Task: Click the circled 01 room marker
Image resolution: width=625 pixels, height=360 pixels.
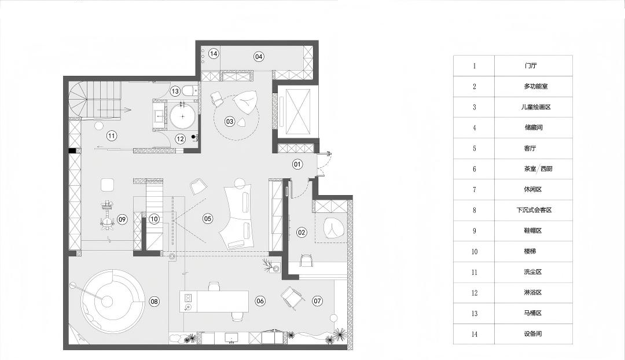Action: coord(297,164)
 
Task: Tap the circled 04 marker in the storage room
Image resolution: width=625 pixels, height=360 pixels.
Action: coord(259,57)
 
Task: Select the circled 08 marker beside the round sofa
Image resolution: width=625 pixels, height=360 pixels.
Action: coord(155,302)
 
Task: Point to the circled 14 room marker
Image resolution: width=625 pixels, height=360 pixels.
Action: coord(214,53)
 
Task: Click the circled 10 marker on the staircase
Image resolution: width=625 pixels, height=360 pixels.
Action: coord(154,219)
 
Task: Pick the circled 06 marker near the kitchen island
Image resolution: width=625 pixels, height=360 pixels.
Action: coord(260,301)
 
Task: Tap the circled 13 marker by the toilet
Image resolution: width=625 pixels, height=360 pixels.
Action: coord(175,91)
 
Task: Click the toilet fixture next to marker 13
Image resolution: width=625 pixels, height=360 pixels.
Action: coord(190,91)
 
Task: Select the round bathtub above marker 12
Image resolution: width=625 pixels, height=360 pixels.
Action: coord(183,116)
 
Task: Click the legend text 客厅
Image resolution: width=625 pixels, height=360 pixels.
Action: coord(530,148)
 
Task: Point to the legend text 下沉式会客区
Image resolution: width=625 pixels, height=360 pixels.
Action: coord(534,210)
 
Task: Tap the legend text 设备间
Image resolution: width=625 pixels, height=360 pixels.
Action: coord(533,334)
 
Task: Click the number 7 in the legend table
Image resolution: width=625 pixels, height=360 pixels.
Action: coord(475,189)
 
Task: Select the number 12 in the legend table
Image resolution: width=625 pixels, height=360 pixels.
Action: coord(475,293)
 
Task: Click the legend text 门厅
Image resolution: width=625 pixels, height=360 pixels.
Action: coord(531,65)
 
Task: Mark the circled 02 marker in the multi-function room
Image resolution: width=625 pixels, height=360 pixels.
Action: coord(302,233)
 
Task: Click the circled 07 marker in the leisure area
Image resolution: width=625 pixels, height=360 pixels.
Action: coord(317,301)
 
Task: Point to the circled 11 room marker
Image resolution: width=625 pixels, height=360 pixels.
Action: coord(112,135)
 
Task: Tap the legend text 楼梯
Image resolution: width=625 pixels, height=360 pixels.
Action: coord(530,251)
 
